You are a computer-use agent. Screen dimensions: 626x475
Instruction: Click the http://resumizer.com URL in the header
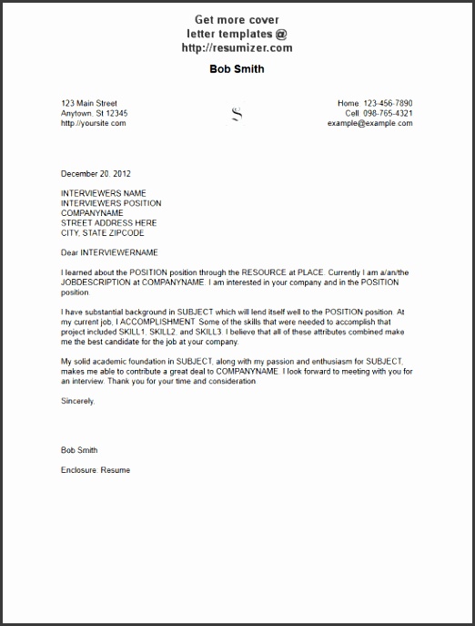click(x=237, y=48)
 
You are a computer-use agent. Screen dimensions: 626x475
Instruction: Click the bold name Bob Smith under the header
click(x=237, y=69)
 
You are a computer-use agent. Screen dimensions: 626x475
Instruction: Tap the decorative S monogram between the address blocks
click(x=237, y=114)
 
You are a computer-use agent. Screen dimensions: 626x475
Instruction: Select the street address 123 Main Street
click(x=88, y=103)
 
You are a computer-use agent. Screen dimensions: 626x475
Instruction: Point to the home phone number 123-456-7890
click(x=388, y=103)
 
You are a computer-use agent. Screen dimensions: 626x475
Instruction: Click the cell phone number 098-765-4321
click(x=391, y=113)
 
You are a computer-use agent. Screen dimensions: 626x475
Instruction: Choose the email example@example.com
click(x=369, y=123)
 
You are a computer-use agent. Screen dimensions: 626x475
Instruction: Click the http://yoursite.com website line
click(x=93, y=123)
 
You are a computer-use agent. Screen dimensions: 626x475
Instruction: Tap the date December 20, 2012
click(x=96, y=172)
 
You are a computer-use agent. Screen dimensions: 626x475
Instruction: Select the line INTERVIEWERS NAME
click(x=103, y=193)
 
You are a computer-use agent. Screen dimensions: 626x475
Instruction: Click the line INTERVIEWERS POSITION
click(x=110, y=203)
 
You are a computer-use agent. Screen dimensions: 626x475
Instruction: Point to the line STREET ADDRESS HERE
click(x=108, y=222)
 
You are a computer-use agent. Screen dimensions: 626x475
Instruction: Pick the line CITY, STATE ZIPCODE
click(x=102, y=232)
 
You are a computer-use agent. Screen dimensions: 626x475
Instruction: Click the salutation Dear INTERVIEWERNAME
click(x=109, y=251)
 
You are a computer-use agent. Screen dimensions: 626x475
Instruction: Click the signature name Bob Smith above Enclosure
click(x=78, y=450)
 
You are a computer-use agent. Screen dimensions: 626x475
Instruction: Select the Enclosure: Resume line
click(x=95, y=469)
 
